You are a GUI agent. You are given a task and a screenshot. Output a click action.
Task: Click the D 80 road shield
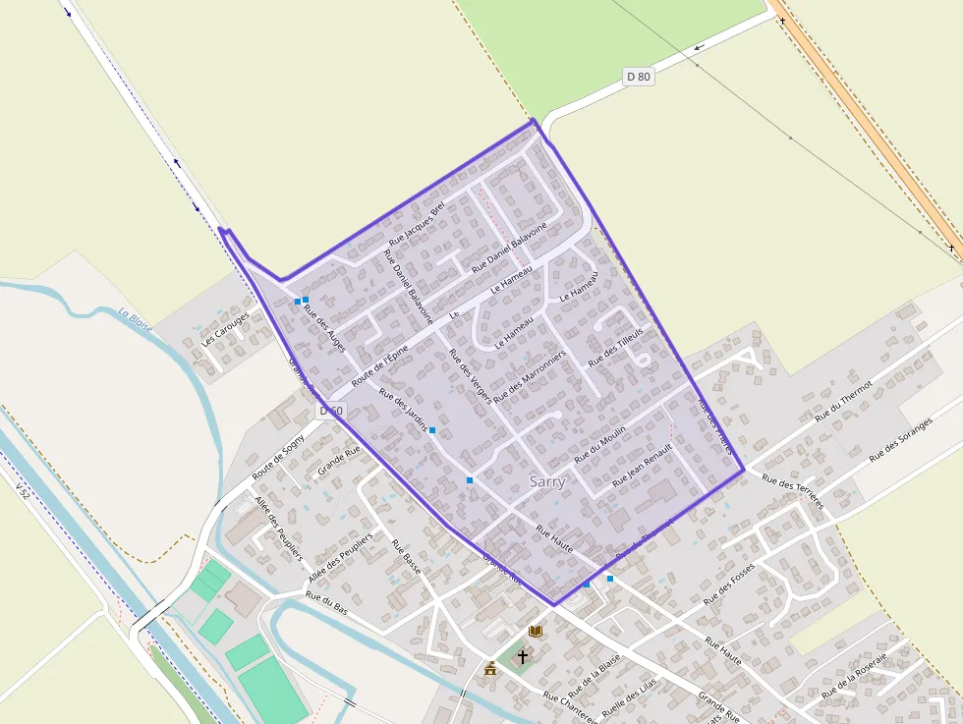638,77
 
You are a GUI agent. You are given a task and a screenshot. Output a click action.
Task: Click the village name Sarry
547,481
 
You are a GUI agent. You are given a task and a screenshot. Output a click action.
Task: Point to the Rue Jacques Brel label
418,223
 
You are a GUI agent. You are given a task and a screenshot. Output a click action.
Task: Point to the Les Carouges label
225,331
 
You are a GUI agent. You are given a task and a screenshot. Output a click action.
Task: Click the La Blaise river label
136,320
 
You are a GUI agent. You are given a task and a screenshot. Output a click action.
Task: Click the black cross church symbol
522,655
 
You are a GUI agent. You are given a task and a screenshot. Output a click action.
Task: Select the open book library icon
536,631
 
